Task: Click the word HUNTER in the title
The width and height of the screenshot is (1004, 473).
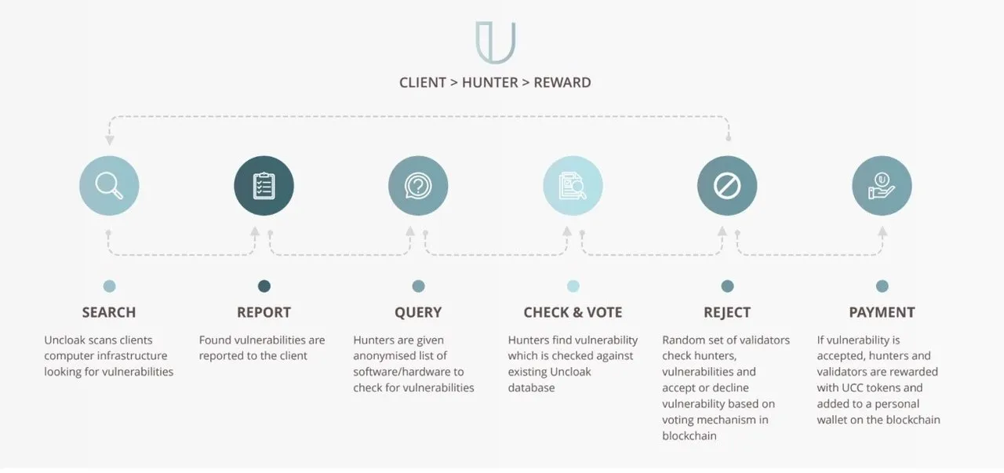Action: [490, 82]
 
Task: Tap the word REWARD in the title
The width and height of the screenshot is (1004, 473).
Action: [562, 82]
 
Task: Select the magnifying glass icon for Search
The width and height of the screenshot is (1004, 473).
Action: [109, 186]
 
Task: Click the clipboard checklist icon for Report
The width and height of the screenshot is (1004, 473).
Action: [264, 186]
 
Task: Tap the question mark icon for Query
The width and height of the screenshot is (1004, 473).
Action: [418, 186]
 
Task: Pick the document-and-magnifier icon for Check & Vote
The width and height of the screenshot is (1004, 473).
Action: [573, 186]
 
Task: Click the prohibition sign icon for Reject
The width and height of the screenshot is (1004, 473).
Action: [727, 186]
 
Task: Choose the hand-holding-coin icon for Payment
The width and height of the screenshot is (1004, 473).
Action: [882, 186]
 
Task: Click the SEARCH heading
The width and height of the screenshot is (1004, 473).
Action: [109, 312]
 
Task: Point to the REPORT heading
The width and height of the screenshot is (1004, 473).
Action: [264, 312]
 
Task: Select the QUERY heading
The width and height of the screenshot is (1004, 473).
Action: [418, 312]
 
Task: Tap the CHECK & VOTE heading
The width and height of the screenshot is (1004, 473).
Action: [573, 312]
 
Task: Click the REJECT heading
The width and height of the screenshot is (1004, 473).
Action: [727, 312]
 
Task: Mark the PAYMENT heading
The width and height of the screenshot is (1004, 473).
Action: [882, 312]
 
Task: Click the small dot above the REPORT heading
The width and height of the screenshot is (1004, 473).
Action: [264, 286]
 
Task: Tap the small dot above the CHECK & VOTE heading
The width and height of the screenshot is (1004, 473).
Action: [573, 286]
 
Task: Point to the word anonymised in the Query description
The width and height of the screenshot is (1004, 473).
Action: [386, 356]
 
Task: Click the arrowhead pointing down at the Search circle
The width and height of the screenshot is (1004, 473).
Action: [109, 140]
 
